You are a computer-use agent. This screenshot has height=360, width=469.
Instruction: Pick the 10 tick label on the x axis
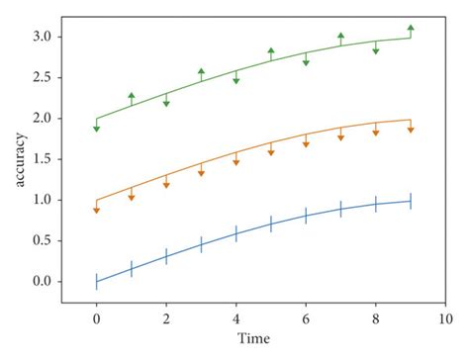click(x=445, y=319)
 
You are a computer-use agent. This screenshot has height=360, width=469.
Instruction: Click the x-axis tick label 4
click(x=235, y=319)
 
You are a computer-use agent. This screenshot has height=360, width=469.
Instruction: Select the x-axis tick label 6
click(x=306, y=319)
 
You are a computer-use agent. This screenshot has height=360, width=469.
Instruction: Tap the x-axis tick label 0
click(x=96, y=319)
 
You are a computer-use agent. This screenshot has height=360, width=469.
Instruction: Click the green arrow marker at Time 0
click(x=96, y=128)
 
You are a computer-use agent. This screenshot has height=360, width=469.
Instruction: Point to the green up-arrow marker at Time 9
click(x=411, y=28)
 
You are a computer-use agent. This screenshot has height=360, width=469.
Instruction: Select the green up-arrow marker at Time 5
click(x=271, y=50)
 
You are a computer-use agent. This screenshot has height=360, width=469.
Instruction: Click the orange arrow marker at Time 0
click(x=96, y=210)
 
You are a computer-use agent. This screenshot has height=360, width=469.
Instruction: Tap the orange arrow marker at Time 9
click(x=411, y=130)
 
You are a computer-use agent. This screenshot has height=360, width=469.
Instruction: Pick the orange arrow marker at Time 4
click(x=235, y=161)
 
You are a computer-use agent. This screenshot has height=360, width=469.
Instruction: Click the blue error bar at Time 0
click(x=96, y=281)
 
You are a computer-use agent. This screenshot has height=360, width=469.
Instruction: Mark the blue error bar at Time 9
click(x=411, y=201)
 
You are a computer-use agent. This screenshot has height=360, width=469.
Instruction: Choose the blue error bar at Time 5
click(x=271, y=225)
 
